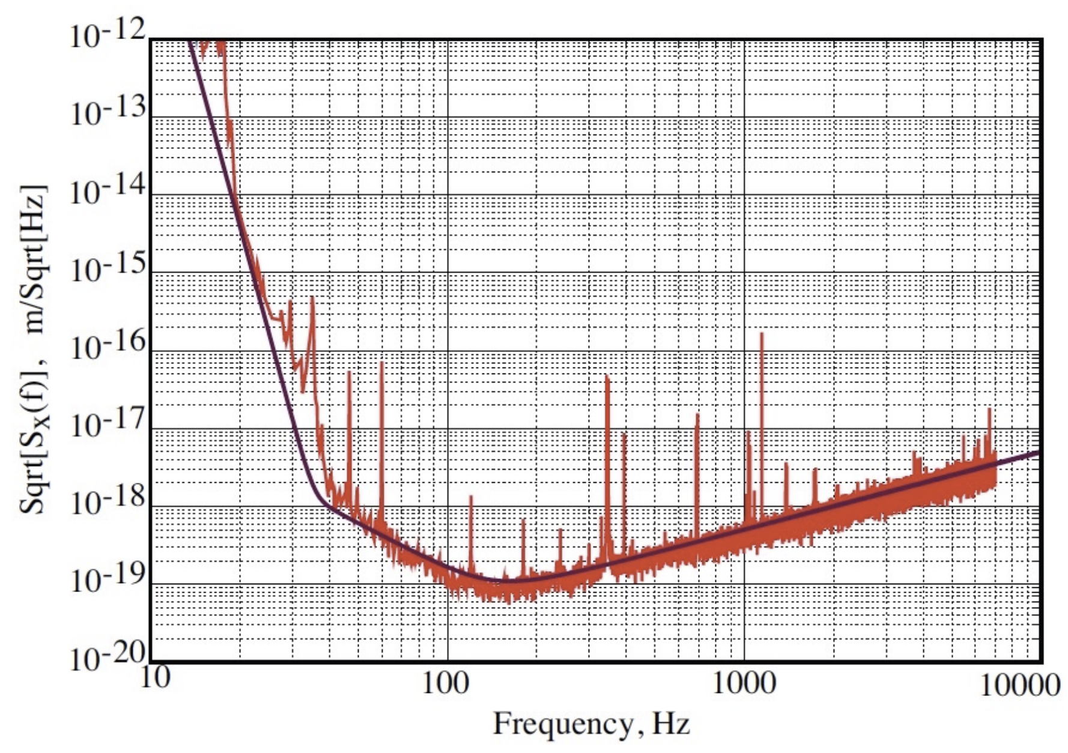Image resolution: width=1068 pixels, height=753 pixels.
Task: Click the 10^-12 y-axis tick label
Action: pyautogui.click(x=108, y=36)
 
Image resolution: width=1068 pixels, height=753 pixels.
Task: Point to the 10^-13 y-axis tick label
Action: pyautogui.click(x=108, y=113)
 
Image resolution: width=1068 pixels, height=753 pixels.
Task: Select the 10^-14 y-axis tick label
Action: pyautogui.click(x=108, y=191)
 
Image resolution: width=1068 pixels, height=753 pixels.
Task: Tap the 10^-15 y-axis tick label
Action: pyautogui.click(x=108, y=268)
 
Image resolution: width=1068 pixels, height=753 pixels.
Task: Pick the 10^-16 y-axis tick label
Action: pyautogui.click(x=108, y=346)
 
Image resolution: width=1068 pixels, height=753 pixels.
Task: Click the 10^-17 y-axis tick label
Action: pyautogui.click(x=108, y=425)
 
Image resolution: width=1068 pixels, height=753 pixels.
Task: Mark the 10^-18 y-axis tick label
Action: pyautogui.click(x=108, y=503)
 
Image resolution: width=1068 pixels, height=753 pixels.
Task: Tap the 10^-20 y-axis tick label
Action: pyautogui.click(x=108, y=658)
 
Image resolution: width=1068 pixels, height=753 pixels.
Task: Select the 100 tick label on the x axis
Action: pyautogui.click(x=445, y=683)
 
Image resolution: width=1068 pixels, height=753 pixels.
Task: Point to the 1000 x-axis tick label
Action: pyautogui.click(x=743, y=683)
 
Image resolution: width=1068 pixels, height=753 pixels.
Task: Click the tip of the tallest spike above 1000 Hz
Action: pyautogui.click(x=762, y=334)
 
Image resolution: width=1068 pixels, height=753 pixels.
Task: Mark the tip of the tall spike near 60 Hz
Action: pyautogui.click(x=381, y=363)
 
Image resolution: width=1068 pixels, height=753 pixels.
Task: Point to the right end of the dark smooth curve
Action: pyautogui.click(x=1038, y=452)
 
